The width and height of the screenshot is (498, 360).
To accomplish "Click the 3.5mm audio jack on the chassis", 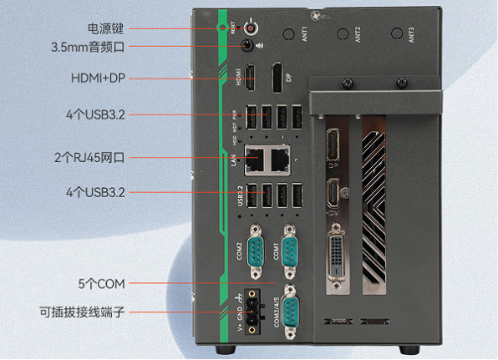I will point(248,47).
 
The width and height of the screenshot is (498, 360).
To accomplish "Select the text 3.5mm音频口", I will point(89,48).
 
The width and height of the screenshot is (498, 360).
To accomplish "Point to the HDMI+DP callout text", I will point(98,79).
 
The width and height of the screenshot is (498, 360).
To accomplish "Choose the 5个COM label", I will point(106,283).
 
